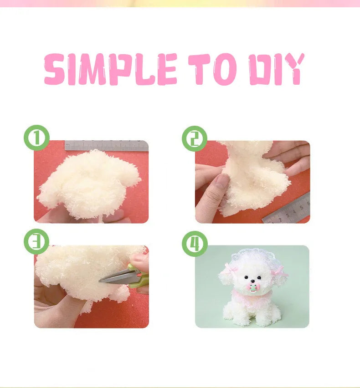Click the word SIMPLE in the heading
tap(110, 69)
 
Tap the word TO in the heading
tap(212, 69)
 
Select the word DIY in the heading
tap(277, 69)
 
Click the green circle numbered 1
tap(36, 138)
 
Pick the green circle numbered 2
tap(195, 138)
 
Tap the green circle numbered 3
tap(36, 241)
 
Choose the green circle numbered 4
tap(195, 244)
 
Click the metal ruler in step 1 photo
tap(107, 146)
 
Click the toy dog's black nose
tap(252, 281)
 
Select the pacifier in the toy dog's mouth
tap(252, 288)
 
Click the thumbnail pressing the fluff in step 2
tap(222, 179)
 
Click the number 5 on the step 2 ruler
tap(302, 207)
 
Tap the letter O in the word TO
tap(225, 69)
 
